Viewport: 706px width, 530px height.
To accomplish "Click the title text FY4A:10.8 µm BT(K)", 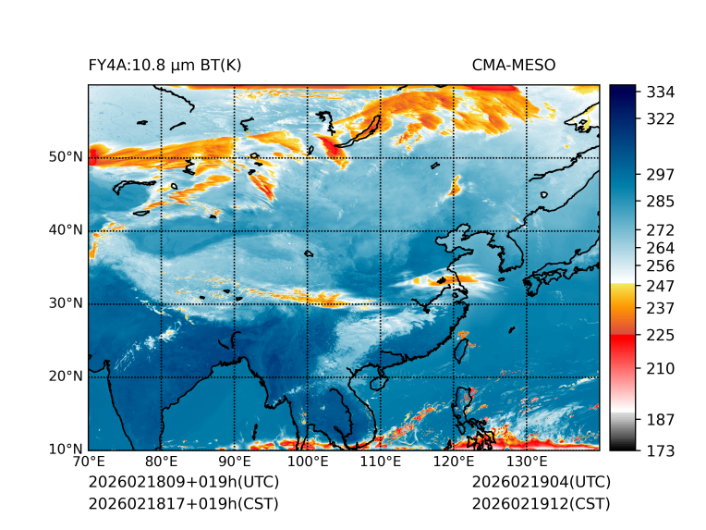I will [164, 65].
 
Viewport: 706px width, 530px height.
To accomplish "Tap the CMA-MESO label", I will [513, 65].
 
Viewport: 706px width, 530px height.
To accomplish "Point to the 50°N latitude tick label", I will [66, 157].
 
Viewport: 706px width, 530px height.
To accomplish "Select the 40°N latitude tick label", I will [66, 230].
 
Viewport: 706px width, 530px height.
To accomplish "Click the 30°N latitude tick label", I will [66, 303].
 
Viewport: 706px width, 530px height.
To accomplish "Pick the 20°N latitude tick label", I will [66, 376].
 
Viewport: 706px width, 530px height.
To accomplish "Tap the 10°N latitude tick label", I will [66, 450].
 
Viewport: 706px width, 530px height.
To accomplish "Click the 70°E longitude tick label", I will [89, 462].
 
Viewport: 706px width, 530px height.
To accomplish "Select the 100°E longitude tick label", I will [307, 462].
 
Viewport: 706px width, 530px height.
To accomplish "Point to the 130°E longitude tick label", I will [526, 462].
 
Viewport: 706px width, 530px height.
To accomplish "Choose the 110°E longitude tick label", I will [380, 462].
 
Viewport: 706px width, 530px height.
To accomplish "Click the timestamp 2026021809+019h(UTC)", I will [183, 483].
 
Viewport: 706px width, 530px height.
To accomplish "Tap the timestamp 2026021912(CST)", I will [541, 503].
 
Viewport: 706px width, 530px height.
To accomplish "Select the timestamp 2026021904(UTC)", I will [541, 483].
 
